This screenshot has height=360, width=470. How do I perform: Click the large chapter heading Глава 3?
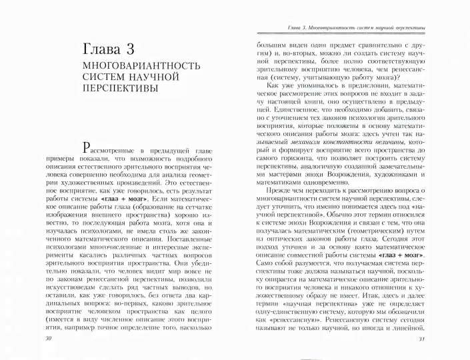tap(117, 51)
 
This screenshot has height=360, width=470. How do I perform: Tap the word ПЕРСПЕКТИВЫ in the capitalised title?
tap(117, 89)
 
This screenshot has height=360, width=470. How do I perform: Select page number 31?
tap(421, 339)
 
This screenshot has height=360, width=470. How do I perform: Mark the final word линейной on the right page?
tap(409, 311)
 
